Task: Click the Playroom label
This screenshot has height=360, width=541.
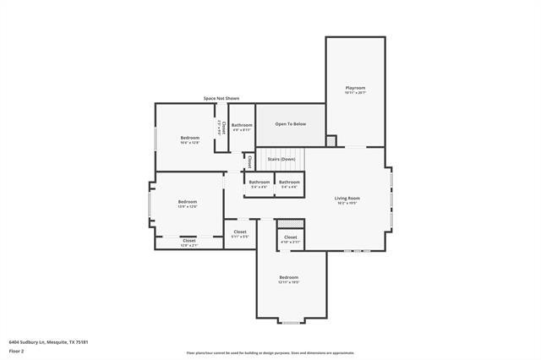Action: [355, 88]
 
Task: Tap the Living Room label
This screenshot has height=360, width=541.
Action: [347, 198]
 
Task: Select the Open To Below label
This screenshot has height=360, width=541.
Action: [290, 124]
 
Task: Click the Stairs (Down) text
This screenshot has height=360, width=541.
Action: [281, 159]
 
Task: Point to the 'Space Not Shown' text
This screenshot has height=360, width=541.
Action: [221, 98]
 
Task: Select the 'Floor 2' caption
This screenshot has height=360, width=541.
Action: [16, 351]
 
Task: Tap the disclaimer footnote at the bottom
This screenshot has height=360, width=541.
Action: [270, 353]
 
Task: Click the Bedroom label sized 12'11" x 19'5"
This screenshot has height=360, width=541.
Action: [289, 277]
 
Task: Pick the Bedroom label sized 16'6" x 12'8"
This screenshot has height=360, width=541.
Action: [189, 138]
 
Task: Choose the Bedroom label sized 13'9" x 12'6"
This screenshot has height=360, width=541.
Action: [187, 201]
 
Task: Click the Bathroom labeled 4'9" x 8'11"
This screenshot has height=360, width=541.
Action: [242, 125]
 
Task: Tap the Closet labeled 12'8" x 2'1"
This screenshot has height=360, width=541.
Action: [189, 241]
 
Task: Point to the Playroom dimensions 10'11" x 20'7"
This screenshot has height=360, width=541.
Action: [355, 93]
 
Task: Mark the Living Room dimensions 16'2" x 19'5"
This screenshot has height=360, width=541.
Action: [347, 203]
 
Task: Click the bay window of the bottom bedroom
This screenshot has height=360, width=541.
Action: [290, 322]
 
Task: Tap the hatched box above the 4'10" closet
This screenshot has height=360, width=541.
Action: [290, 223]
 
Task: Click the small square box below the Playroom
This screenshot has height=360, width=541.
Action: [331, 140]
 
